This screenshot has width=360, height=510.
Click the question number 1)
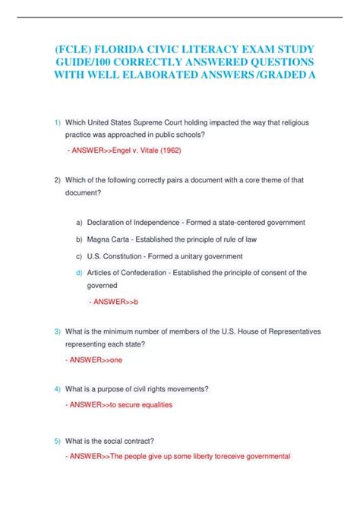coord(58,122)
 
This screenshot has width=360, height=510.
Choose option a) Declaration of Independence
coord(137,223)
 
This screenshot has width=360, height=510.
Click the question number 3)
coord(58,331)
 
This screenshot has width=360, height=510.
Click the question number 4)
coord(58,389)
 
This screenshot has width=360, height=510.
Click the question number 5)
coord(58,441)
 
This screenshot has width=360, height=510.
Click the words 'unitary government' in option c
coord(206,256)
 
